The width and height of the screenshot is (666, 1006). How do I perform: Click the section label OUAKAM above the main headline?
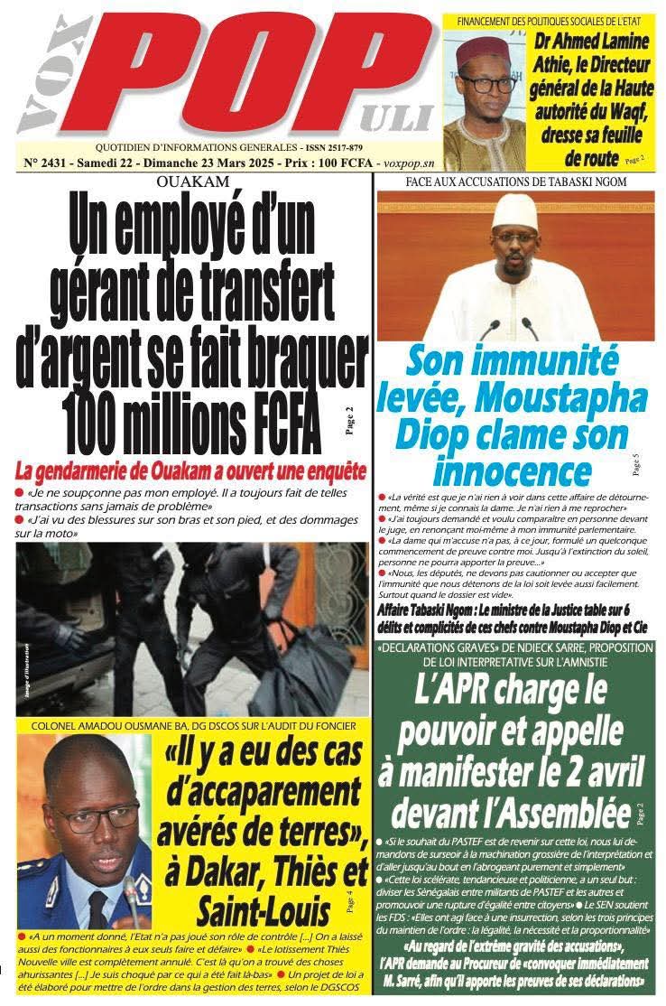click(x=192, y=182)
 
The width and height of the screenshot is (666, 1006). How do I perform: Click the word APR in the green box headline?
click(x=474, y=698)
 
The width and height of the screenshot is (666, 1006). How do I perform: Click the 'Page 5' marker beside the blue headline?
click(x=636, y=462)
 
